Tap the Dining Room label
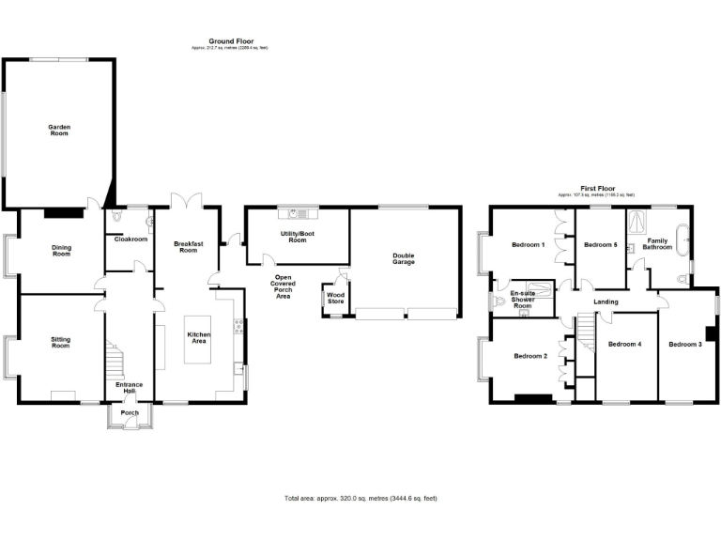[61, 251]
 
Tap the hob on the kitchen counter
[238, 328]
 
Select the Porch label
[130, 411]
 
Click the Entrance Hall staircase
[115, 361]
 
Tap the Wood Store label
[335, 298]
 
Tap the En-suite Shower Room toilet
[497, 302]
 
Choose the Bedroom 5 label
[600, 244]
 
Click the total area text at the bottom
[360, 498]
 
